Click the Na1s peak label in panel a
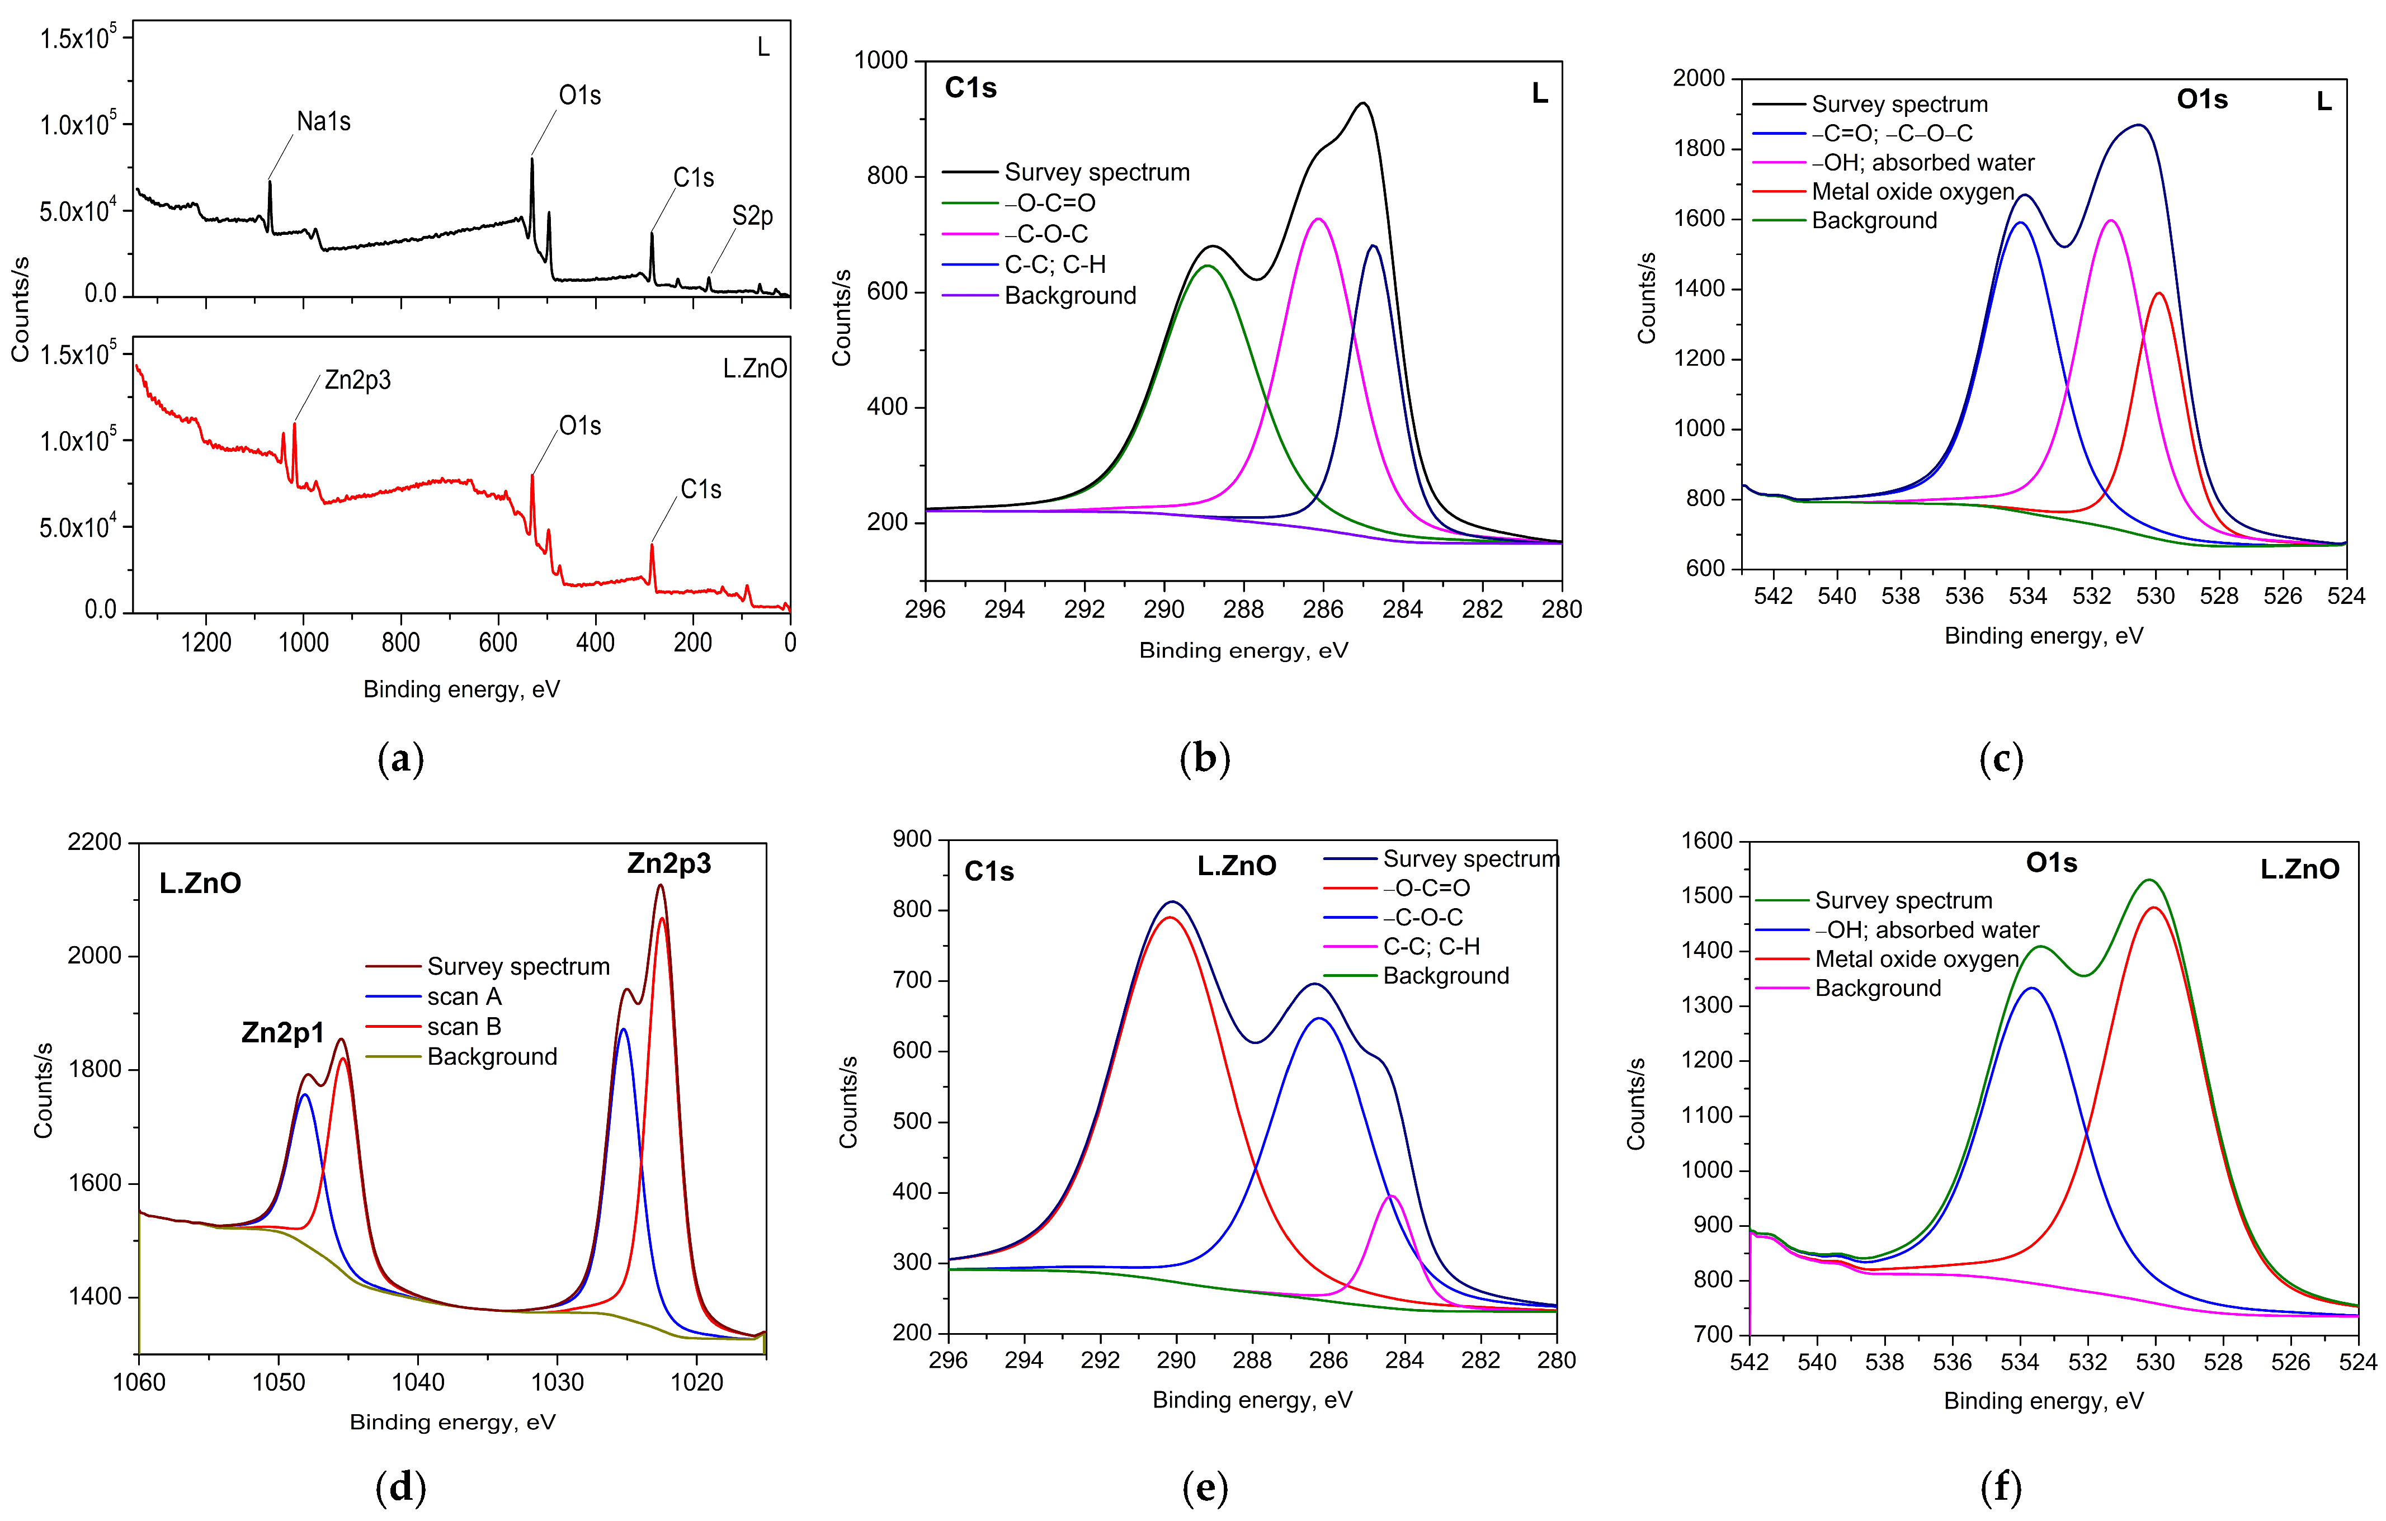click(x=323, y=122)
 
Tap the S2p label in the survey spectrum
click(x=752, y=216)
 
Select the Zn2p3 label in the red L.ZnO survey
click(x=358, y=380)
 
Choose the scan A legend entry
click(x=464, y=997)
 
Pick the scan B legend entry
click(x=464, y=1027)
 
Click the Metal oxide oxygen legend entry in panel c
click(x=1912, y=191)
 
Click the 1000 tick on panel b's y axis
click(x=881, y=60)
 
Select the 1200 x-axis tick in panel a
click(x=206, y=642)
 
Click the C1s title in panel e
click(x=989, y=871)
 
